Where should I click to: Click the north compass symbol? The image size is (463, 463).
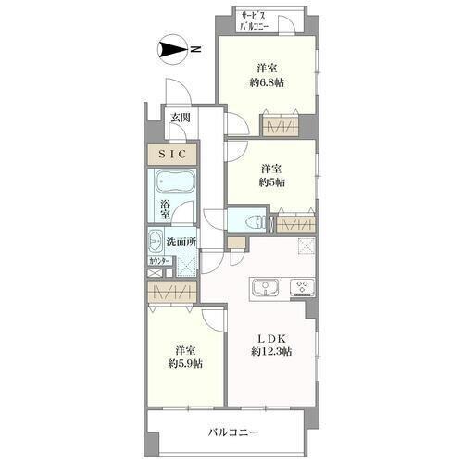171,49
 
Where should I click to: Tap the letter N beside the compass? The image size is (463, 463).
195,49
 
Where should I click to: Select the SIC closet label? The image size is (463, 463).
172,154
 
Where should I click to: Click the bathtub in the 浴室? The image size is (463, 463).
175,181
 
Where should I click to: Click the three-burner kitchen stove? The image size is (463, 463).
303,287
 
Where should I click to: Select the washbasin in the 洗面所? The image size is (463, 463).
156,241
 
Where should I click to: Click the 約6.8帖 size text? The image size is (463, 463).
267,82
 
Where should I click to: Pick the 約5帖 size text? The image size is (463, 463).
271,182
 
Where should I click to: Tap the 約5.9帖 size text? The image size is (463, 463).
185,364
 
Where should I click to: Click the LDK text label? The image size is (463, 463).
271,339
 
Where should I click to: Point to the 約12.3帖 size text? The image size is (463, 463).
271,351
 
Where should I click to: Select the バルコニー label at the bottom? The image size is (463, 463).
233,432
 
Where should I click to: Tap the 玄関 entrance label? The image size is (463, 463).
181,118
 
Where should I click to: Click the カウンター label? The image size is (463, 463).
159,261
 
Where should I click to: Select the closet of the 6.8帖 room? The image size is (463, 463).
281,126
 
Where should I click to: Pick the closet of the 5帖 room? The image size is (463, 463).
296,224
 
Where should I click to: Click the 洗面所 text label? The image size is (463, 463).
181,242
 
